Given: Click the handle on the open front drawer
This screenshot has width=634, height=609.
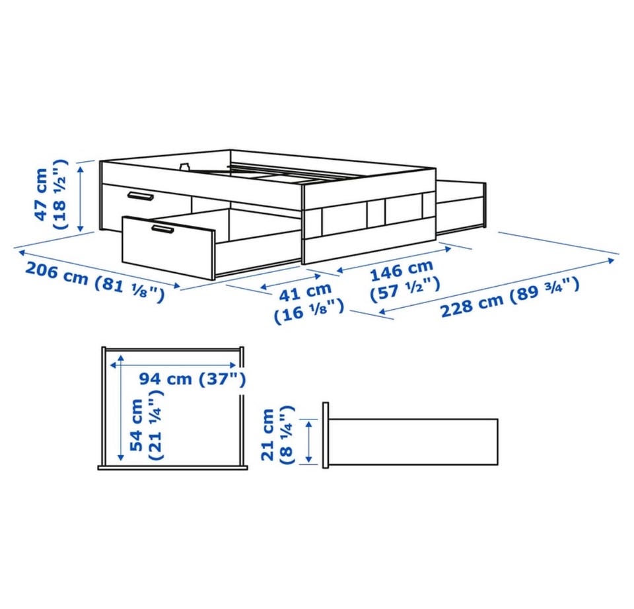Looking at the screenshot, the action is coord(163,229).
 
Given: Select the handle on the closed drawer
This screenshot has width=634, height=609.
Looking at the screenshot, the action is coord(140,196).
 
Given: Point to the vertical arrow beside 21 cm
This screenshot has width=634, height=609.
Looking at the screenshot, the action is coord(309,441).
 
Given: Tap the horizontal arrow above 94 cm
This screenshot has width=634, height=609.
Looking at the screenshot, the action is coord(174,365).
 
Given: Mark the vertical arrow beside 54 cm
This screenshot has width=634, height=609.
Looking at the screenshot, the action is coord(120,408).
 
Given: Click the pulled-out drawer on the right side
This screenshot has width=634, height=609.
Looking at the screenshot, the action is coord(461,208).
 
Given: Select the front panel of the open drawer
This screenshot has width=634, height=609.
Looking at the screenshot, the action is coord(168,248).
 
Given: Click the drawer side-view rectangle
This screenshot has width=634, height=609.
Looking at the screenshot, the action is coord(413,442).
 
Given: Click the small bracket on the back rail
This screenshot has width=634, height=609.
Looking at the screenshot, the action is coord(185,166).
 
